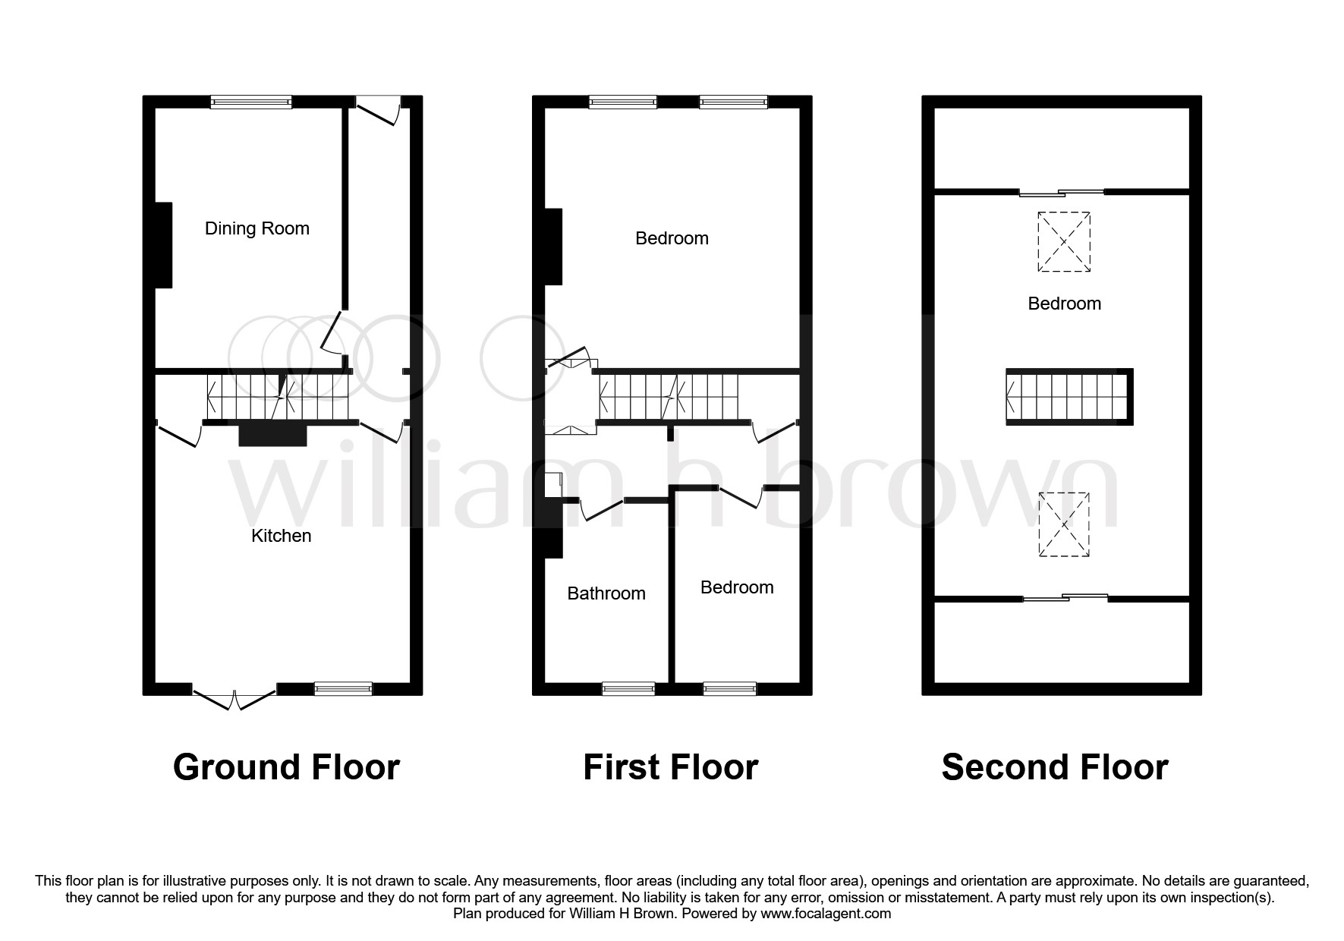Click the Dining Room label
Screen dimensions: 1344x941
(257, 228)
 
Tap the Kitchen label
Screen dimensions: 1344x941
(282, 536)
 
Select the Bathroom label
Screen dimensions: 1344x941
(606, 593)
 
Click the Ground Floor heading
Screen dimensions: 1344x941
(286, 767)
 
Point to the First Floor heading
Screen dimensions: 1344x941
(671, 767)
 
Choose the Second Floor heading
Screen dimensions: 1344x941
(1055, 767)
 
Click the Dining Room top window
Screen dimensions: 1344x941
(251, 102)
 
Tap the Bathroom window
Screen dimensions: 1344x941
(628, 688)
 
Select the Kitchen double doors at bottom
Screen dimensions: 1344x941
(234, 695)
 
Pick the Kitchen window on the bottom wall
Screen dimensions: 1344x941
(344, 688)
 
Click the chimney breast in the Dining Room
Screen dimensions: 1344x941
(164, 245)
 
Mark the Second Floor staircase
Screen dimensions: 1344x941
(1069, 397)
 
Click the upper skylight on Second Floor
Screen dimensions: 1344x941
(1064, 242)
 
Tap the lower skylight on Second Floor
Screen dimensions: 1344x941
(1064, 524)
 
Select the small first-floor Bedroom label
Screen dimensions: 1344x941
(737, 587)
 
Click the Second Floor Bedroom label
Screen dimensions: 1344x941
(1064, 304)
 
